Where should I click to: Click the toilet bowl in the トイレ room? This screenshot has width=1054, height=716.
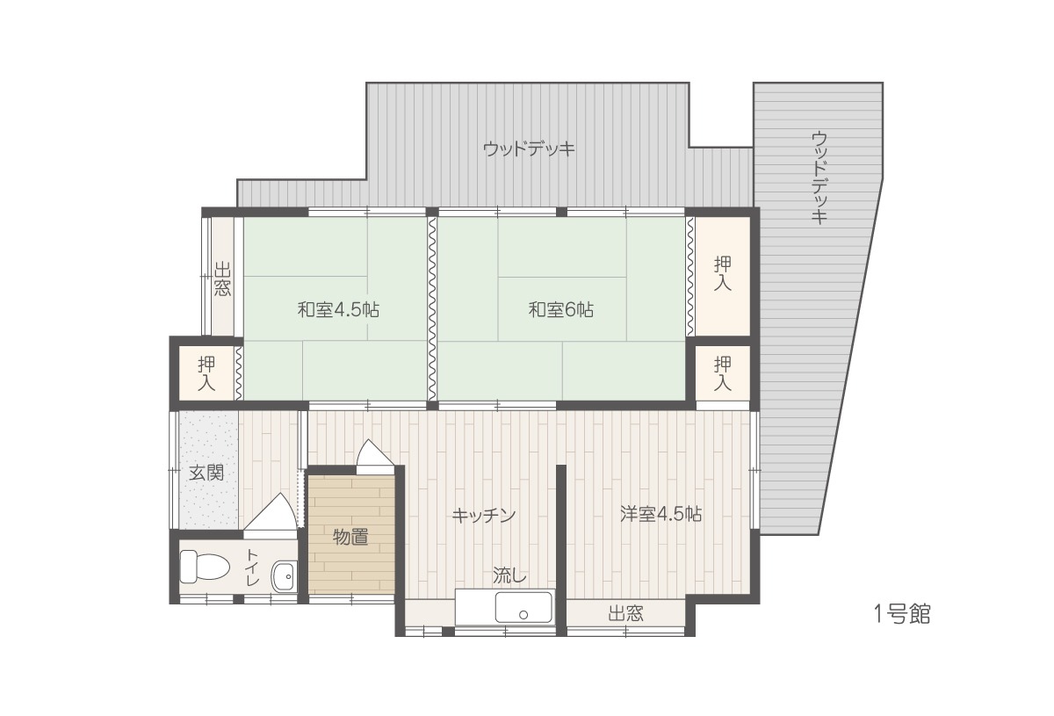[204, 567]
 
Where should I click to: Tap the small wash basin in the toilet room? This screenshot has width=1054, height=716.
[285, 575]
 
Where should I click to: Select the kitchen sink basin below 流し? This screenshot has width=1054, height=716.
[523, 607]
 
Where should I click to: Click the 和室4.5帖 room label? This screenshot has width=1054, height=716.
[338, 310]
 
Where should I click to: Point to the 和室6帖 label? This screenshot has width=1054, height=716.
[561, 310]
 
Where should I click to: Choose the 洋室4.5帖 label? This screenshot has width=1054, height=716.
[661, 514]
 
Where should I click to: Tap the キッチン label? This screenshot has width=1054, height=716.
[484, 516]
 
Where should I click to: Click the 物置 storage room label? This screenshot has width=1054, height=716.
[350, 537]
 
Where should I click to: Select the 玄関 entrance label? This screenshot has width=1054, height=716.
[206, 473]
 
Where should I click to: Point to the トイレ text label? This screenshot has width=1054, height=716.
[253, 568]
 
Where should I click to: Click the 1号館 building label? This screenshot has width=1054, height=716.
[902, 614]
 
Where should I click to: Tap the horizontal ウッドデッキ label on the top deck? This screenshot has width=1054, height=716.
[529, 149]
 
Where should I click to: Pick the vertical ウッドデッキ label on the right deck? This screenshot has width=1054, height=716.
[819, 178]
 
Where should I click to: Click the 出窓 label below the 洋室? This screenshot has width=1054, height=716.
[625, 614]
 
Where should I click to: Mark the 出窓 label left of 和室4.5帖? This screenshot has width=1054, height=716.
[222, 279]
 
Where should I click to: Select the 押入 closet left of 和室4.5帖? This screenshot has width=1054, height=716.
[206, 373]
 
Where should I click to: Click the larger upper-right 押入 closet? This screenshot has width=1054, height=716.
[723, 276]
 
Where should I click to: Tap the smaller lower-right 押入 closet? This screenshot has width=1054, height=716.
[723, 373]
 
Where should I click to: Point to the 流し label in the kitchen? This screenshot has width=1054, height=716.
[509, 575]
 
